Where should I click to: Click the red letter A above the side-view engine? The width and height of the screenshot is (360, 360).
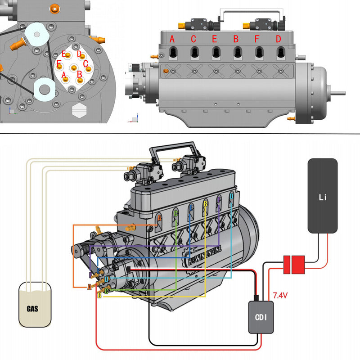pyautogui.click(x=172, y=39)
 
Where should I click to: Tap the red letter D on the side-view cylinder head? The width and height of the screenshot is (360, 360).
pyautogui.click(x=278, y=39)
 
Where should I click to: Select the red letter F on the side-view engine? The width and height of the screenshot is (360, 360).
pyautogui.click(x=257, y=39)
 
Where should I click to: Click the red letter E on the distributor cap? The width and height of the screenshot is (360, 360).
pyautogui.click(x=64, y=54)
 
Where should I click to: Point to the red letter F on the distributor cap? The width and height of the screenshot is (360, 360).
pyautogui.click(x=59, y=63)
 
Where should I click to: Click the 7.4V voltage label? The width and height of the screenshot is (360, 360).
pyautogui.click(x=281, y=296)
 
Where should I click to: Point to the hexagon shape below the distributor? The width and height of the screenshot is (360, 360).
pyautogui.click(x=79, y=109)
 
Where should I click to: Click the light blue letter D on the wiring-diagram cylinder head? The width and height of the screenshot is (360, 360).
pyautogui.click(x=231, y=197)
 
